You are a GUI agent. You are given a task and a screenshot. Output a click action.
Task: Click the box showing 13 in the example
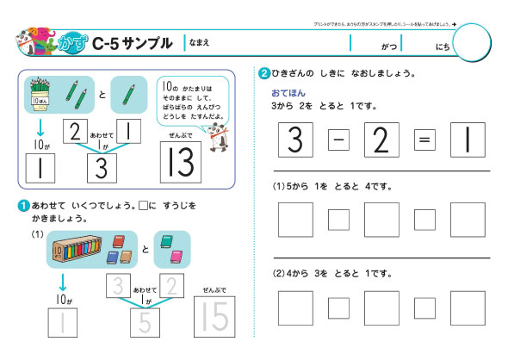(181, 159)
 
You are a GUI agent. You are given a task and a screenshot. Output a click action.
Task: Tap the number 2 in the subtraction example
(381, 140)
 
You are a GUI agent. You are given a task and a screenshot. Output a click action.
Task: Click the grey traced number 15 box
(212, 320)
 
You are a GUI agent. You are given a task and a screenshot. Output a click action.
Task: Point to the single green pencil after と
(129, 93)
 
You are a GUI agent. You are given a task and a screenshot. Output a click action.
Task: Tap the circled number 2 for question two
(263, 73)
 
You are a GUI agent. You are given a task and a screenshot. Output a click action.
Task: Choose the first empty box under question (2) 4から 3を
(295, 307)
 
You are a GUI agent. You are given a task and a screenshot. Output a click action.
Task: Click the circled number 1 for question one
(22, 205)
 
